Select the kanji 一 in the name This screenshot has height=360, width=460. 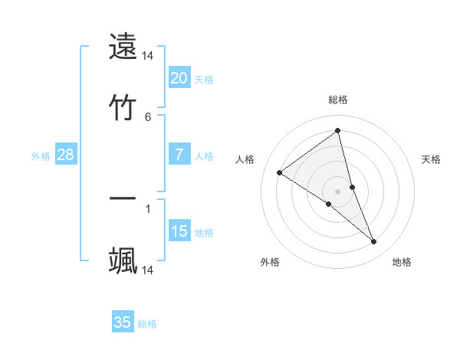[123, 199]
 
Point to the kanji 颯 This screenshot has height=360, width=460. [123, 260]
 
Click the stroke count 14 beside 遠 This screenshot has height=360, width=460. [148, 56]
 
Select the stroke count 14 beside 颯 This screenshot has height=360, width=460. [148, 270]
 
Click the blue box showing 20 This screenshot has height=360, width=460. [179, 77]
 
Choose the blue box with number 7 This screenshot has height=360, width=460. [179, 155]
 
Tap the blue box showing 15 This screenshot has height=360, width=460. [179, 231]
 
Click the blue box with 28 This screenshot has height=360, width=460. [66, 155]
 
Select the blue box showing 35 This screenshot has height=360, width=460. [123, 322]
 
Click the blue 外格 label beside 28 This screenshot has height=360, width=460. [41, 156]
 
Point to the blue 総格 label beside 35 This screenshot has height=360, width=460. [147, 324]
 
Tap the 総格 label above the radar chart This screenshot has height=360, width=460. [338, 100]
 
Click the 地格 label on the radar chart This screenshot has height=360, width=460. [402, 262]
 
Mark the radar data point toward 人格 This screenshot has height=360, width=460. [279, 172]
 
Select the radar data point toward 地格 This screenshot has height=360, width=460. [373, 242]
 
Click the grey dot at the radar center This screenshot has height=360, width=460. [337, 191]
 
